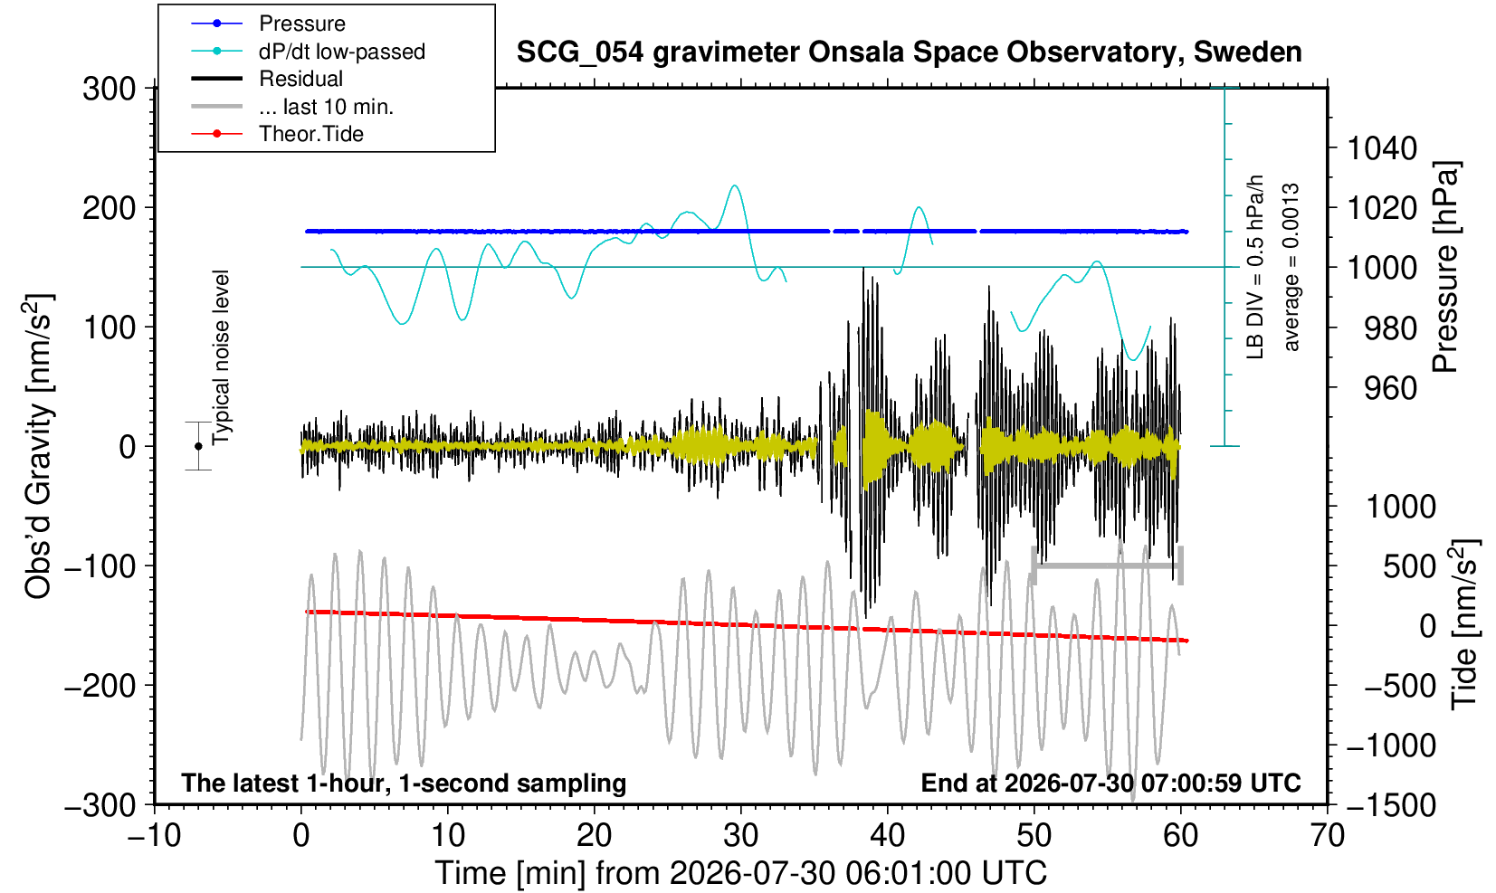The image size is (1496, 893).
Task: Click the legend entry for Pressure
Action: (302, 24)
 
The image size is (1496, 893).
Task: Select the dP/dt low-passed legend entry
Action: (342, 52)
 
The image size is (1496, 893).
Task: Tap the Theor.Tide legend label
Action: (311, 134)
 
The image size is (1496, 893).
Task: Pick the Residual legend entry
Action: (301, 79)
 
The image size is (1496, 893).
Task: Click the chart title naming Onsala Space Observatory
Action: (909, 52)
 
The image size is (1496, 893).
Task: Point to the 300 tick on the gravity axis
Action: (109, 89)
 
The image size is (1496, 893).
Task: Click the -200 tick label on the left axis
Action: (100, 686)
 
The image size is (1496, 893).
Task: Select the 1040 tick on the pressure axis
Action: (1382, 148)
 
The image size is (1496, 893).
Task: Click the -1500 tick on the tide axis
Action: (1390, 805)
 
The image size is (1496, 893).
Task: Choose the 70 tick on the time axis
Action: (1327, 836)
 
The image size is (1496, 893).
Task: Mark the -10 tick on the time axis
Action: (154, 836)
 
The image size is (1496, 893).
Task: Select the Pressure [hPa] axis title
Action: (1446, 267)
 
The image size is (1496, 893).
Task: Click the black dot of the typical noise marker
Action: (198, 446)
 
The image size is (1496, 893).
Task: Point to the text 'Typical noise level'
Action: (221, 358)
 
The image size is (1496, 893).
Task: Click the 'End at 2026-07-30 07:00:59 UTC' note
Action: (1110, 783)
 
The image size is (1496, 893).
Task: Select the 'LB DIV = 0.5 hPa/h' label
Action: (1255, 267)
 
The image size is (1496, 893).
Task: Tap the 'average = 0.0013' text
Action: (1291, 267)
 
